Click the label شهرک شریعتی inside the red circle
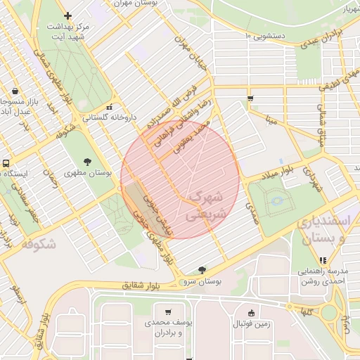pyautogui.click(x=205, y=205)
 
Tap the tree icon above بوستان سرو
pyautogui.click(x=203, y=270)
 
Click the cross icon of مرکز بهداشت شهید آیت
pyautogui.click(x=67, y=15)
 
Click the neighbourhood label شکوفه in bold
pyautogui.click(x=38, y=244)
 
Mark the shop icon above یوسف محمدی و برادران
pyautogui.click(x=167, y=311)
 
